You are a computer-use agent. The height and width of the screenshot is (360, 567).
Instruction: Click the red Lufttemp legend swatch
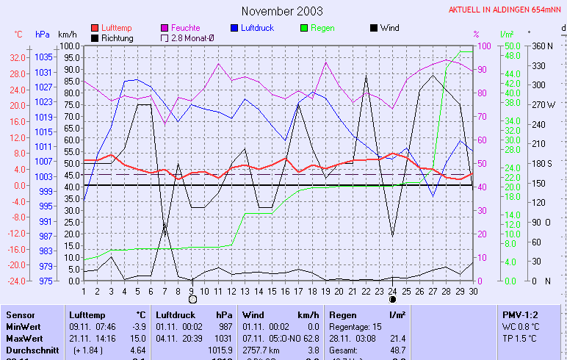(x=95, y=28)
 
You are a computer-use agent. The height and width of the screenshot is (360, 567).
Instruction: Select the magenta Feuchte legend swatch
(x=165, y=28)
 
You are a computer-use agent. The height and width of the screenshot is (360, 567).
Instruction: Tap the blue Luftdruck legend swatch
(x=234, y=28)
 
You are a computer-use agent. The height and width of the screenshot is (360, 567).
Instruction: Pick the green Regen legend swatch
(x=304, y=28)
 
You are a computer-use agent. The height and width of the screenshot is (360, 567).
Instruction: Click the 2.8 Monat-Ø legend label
(x=194, y=37)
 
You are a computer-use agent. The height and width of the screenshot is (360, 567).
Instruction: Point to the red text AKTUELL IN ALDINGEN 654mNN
(x=506, y=10)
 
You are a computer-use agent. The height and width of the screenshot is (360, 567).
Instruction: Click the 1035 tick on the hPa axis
(x=43, y=57)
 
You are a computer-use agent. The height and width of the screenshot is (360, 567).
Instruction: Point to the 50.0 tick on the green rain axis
(x=512, y=46)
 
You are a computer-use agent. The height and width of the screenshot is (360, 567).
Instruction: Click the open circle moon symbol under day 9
(x=192, y=299)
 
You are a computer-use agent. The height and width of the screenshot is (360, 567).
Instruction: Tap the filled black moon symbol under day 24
(x=393, y=299)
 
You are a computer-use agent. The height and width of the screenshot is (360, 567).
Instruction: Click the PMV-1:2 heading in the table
(x=519, y=314)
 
